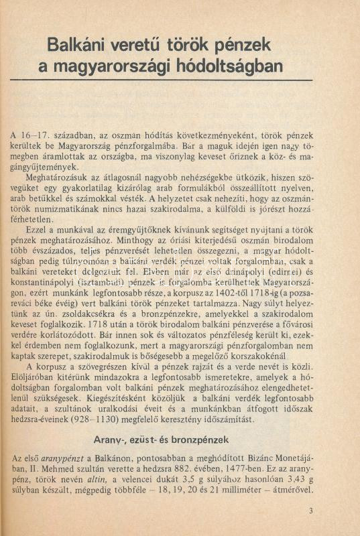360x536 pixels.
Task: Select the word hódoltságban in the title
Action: [x=230, y=67]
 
